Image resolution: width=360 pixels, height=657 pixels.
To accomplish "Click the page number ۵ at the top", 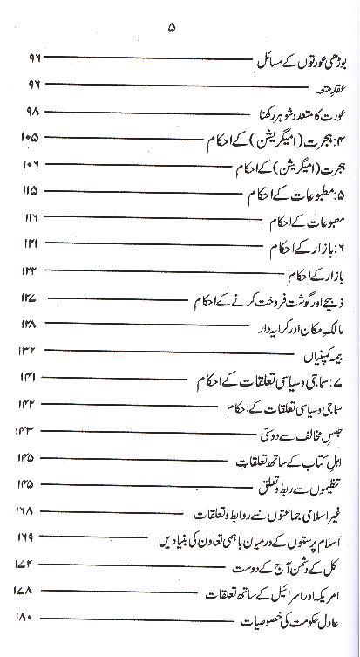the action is (x=173, y=28).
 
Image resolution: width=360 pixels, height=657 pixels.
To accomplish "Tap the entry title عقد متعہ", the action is (x=324, y=86).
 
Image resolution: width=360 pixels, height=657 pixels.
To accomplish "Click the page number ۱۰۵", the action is (x=29, y=139).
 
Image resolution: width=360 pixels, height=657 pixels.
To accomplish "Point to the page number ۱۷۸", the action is (x=26, y=592).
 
